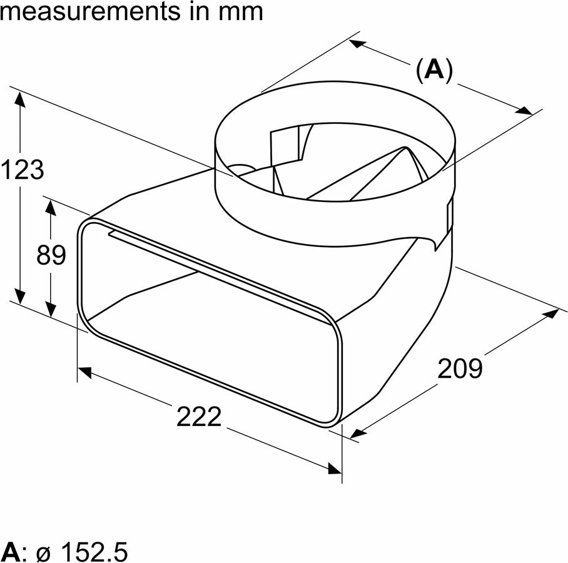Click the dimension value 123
coord(23,170)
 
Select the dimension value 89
coord(51,255)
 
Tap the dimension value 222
coord(199,417)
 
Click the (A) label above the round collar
coord(434,71)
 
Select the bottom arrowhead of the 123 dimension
coord(22,297)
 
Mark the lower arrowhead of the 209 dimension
coord(358,432)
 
